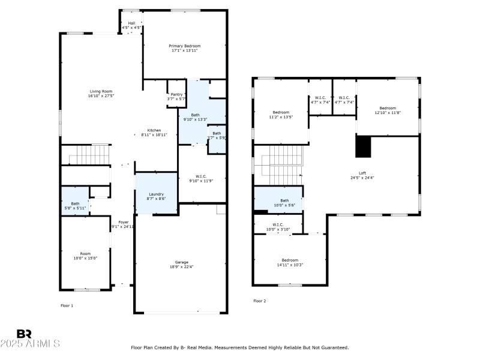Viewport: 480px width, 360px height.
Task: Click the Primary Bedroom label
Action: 184,46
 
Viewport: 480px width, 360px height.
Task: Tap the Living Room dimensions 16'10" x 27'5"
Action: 101,96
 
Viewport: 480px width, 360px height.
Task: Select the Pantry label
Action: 176,94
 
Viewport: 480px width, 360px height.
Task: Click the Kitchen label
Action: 154,131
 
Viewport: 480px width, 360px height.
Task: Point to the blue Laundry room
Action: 156,194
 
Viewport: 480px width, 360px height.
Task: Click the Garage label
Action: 181,262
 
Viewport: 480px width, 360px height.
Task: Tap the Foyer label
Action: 123,222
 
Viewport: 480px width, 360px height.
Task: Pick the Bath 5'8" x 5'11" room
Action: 75,205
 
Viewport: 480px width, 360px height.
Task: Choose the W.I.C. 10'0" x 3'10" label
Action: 278,226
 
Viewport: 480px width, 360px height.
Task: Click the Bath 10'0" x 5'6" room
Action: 278,201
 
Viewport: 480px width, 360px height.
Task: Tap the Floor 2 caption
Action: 259,301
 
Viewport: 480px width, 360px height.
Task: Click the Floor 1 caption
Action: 67,306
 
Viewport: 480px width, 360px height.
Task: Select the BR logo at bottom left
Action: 24,334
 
